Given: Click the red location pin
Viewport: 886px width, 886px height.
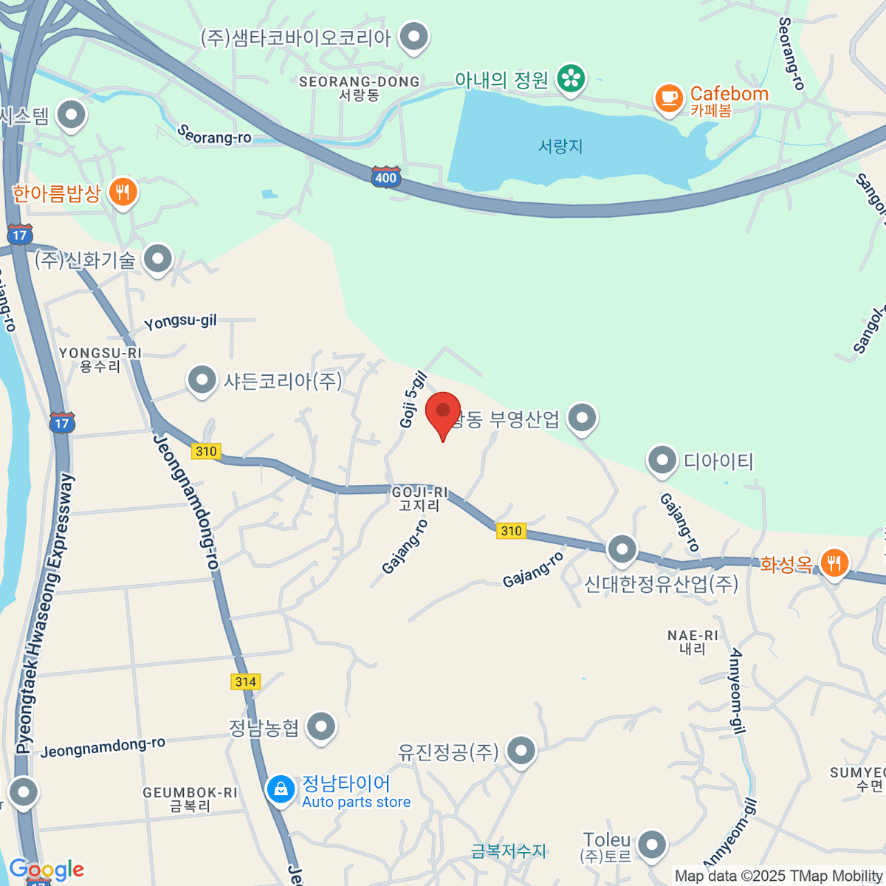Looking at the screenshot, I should tap(443, 413).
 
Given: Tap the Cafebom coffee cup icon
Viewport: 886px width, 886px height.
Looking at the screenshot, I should tap(669, 98).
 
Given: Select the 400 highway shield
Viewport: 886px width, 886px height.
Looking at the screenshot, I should tap(385, 176).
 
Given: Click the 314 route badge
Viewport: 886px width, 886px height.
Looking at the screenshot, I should tap(246, 681).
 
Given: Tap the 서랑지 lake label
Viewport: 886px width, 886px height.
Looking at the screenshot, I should tap(560, 146).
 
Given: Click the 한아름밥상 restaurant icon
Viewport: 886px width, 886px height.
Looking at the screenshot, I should tap(123, 193).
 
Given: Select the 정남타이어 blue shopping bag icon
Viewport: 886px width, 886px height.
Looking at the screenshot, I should tap(281, 789).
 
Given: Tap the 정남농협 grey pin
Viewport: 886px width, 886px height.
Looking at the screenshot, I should tap(321, 727).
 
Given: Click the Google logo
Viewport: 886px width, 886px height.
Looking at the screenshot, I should tap(47, 869).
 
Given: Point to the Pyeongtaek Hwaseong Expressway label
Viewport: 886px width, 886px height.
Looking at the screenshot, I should tap(46, 613).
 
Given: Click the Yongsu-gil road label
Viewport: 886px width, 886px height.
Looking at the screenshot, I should tap(180, 322).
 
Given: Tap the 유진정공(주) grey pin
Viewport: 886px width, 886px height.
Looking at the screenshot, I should tap(522, 751).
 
